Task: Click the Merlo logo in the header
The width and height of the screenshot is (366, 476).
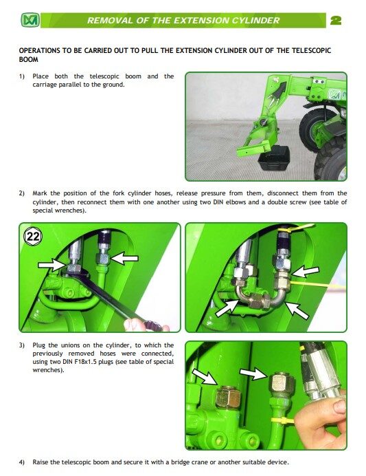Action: tap(30, 21)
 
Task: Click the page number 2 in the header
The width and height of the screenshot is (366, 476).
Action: tap(336, 21)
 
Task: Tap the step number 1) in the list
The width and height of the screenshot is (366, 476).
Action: tap(22, 76)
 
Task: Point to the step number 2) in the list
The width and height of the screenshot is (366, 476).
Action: tap(22, 193)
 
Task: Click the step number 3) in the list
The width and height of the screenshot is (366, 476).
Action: tap(22, 345)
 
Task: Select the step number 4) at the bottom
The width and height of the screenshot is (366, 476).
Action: tap(22, 462)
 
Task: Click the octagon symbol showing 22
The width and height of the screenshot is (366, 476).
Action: tap(34, 237)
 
